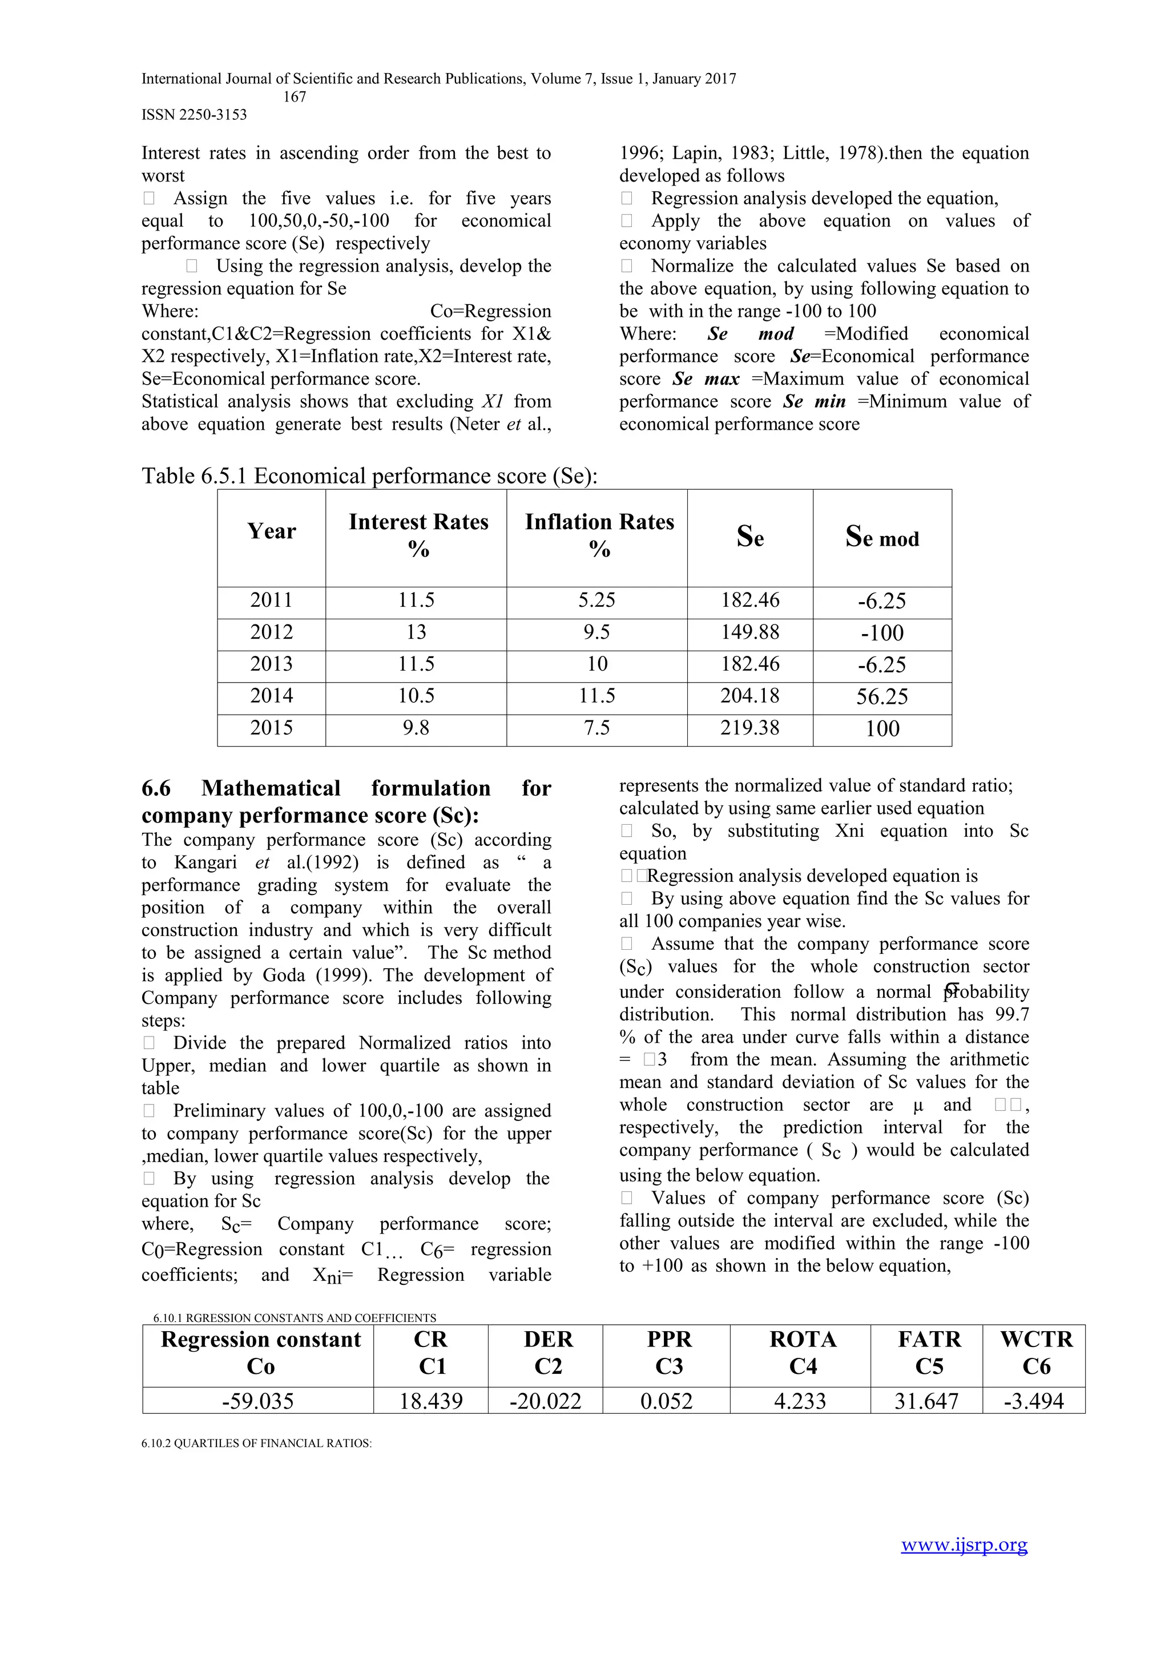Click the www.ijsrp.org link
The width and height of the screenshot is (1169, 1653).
point(964,1545)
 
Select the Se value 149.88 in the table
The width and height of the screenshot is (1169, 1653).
point(750,632)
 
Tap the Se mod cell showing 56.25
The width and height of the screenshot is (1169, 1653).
point(882,696)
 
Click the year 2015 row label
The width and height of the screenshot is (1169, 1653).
point(271,728)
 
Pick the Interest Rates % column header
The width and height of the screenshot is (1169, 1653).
point(418,535)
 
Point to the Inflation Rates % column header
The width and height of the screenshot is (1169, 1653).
point(599,535)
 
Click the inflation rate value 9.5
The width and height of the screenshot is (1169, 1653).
point(596,632)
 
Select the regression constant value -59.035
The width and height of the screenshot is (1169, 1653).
point(257,1401)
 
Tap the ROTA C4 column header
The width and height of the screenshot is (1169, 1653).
point(803,1352)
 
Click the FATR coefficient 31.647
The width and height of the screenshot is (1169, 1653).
point(926,1401)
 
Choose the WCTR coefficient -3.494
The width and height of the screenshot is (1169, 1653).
point(1034,1401)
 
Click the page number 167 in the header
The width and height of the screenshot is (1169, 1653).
point(295,96)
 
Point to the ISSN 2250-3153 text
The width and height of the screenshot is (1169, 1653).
point(194,115)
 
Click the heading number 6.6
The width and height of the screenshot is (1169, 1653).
point(156,788)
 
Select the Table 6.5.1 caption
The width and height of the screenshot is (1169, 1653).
point(369,476)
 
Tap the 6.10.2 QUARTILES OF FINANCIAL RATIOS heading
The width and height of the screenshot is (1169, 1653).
point(256,1444)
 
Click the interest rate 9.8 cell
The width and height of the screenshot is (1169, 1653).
point(416,728)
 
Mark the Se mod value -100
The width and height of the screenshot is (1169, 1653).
point(882,633)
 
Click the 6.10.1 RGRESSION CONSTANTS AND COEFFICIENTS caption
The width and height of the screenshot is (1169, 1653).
point(295,1317)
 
